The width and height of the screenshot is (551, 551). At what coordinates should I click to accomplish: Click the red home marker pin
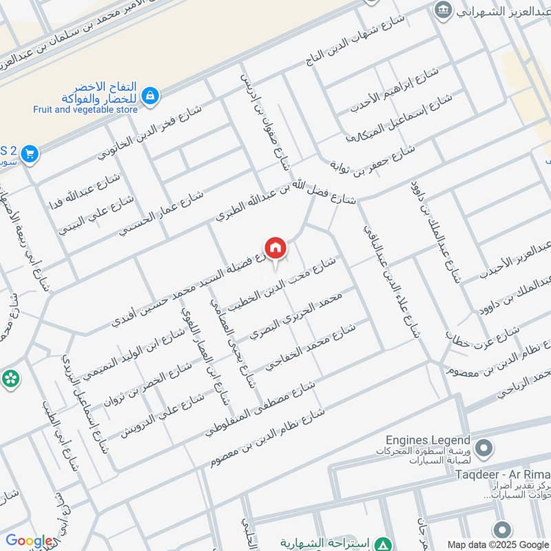tap(275, 248)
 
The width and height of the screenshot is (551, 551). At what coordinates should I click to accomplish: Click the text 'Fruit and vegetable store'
tap(85, 110)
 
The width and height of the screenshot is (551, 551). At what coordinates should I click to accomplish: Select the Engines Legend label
tap(428, 440)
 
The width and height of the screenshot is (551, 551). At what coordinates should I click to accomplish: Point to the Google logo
tap(29, 541)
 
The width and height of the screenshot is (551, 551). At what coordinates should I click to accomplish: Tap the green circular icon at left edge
tap(10, 377)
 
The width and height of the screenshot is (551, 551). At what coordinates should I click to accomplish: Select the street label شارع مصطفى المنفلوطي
tap(260, 408)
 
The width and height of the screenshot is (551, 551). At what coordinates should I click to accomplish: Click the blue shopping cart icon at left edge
tap(29, 154)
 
